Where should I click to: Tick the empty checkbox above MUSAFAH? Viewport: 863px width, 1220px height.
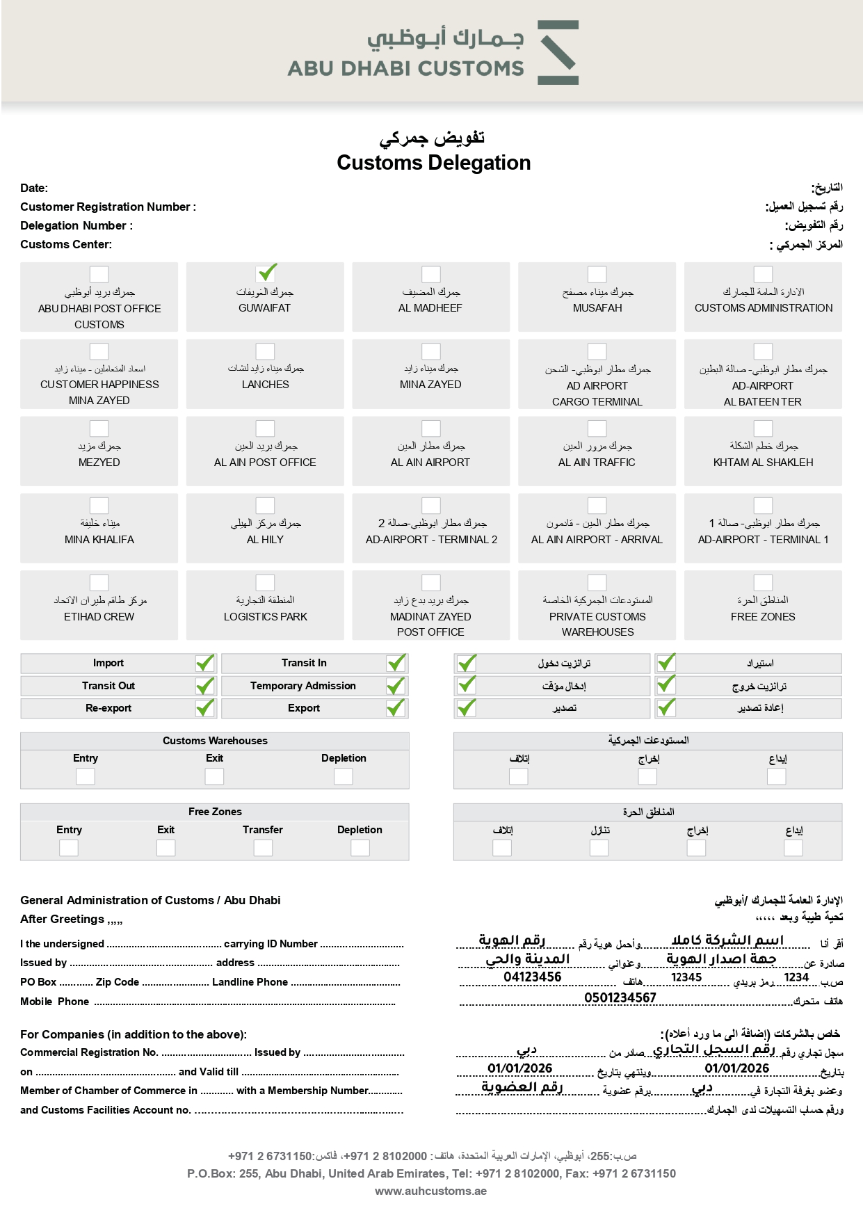597,274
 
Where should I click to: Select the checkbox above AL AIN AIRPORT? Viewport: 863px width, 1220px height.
431,428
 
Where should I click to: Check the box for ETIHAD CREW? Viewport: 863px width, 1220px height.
99,583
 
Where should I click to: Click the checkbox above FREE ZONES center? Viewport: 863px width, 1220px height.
763,583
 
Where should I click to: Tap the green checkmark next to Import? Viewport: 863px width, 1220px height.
205,663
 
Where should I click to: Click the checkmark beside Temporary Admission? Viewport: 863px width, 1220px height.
396,686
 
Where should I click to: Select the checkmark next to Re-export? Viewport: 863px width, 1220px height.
205,708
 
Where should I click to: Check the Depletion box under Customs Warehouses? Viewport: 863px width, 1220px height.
344,776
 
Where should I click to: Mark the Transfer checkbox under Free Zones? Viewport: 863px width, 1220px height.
263,847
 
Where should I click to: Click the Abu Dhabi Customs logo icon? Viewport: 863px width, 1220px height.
558,53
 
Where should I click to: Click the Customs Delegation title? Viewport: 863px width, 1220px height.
433,163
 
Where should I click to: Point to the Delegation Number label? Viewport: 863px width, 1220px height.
76,225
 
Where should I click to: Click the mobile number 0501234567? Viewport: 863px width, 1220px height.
620,997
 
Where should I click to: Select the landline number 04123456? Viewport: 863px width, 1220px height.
533,977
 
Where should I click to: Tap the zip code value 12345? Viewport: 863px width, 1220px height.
686,977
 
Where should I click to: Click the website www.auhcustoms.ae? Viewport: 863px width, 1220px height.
431,1191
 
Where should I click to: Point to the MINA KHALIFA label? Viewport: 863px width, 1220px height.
99,540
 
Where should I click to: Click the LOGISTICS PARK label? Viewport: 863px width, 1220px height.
265,617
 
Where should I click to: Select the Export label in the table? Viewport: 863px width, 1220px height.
304,708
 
